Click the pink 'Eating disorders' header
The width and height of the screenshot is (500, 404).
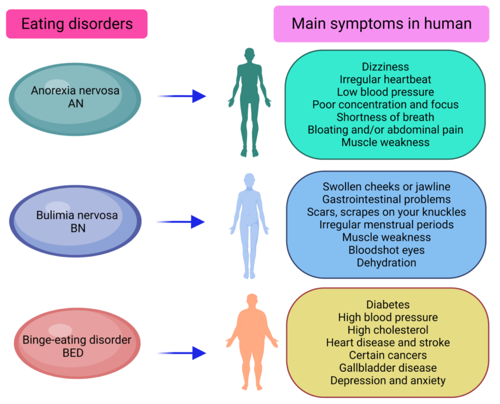(76, 23)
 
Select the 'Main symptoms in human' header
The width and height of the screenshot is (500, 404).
(381, 23)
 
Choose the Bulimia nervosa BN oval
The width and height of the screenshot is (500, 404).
(77, 221)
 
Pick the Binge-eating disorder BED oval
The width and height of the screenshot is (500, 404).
(77, 345)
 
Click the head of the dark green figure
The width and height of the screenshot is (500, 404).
(250, 54)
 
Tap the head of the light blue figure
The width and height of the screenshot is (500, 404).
(250, 179)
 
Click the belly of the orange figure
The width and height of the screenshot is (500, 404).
(252, 337)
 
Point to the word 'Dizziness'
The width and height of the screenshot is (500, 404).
(385, 66)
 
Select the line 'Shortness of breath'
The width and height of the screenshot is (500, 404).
(385, 117)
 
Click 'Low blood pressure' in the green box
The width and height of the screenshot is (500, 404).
(385, 92)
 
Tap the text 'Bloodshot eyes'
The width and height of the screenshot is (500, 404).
(386, 250)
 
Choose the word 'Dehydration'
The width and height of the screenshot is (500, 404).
(386, 263)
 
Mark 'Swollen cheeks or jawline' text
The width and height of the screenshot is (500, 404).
(386, 186)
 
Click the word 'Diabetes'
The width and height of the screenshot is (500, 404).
(388, 304)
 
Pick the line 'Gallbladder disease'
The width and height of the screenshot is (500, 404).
(388, 367)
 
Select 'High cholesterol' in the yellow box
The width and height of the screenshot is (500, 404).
(388, 330)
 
